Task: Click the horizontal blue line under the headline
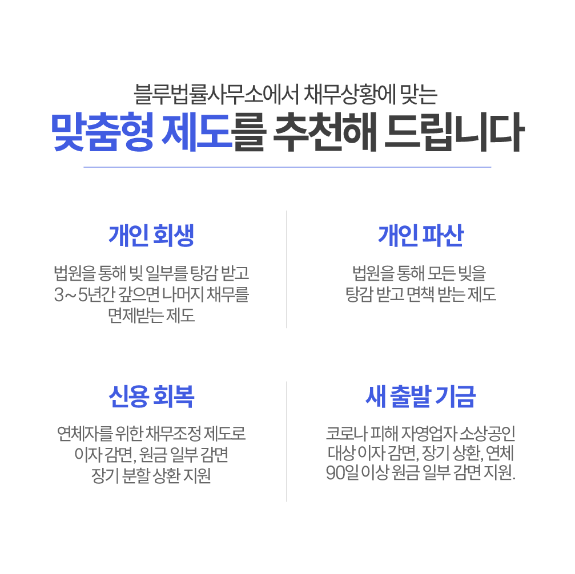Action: (287, 167)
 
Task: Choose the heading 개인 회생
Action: (152, 236)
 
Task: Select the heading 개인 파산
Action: (421, 236)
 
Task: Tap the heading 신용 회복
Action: (152, 397)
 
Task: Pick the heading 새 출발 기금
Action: (421, 397)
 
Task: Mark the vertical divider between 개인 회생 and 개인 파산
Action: (287, 269)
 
